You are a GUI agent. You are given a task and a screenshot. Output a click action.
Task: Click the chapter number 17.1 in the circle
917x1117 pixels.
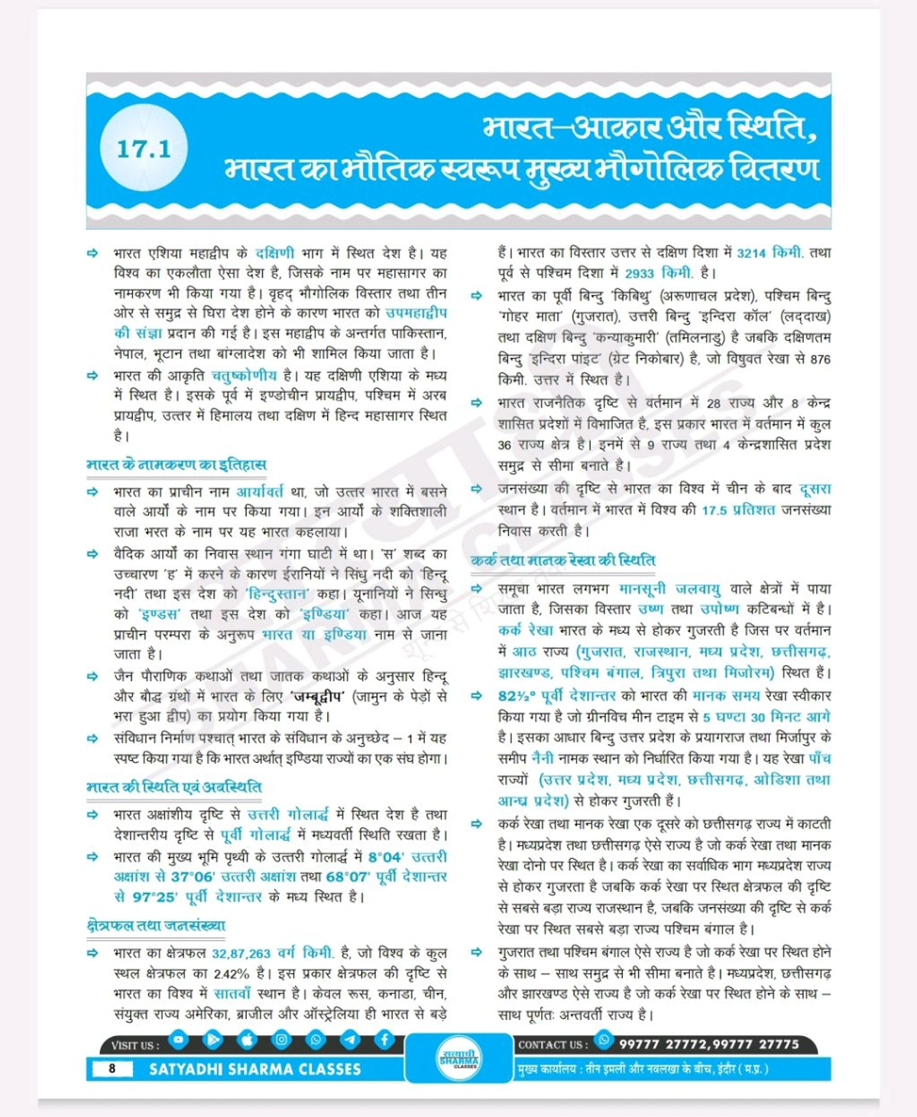coord(144,148)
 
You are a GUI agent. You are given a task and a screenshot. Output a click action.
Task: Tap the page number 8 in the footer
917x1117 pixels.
coord(112,1068)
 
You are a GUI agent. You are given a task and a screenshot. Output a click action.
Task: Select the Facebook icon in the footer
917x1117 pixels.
coord(384,1039)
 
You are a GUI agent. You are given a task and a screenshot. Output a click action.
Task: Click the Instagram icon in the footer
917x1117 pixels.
coord(281,1039)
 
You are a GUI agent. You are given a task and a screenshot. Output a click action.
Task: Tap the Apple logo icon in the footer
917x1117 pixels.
coord(247,1039)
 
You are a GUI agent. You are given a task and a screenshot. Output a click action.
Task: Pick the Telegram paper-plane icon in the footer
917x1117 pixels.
coord(350,1039)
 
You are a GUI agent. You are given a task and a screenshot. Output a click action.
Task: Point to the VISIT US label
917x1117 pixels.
coord(135,1045)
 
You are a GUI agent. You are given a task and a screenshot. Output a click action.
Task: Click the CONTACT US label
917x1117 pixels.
coord(553,1044)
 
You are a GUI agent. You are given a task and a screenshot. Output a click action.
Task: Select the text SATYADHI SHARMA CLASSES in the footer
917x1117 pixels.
coord(254,1069)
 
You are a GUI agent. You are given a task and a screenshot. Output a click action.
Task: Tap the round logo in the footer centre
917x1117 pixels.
coord(459,1058)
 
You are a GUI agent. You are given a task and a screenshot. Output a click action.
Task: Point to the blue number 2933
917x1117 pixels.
coord(639,274)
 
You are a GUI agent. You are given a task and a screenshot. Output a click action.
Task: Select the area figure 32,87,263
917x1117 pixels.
coord(241,953)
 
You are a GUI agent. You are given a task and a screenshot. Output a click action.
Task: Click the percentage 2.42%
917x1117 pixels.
coord(232,974)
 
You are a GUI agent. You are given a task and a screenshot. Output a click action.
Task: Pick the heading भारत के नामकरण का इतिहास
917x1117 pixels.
coord(177,464)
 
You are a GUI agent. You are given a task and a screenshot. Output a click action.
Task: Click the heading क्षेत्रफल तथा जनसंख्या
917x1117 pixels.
coord(156,925)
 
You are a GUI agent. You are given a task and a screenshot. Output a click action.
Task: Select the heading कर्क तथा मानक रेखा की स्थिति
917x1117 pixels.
coord(563,560)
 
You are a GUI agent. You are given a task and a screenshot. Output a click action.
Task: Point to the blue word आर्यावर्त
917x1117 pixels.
coord(259,492)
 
